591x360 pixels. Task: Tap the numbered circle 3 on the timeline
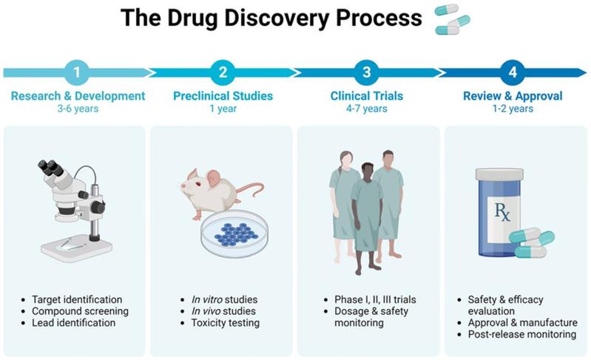(367, 72)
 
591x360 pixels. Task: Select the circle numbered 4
(511, 72)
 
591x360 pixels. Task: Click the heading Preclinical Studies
(223, 96)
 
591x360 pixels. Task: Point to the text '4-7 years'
(367, 109)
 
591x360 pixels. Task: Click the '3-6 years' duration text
(78, 109)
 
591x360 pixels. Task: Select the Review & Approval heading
(512, 96)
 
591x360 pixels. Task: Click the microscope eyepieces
(53, 167)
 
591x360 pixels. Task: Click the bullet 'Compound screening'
(80, 311)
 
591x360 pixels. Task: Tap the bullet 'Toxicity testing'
(220, 323)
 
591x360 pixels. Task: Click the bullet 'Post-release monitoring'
(521, 334)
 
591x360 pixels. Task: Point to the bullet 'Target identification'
(77, 299)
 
